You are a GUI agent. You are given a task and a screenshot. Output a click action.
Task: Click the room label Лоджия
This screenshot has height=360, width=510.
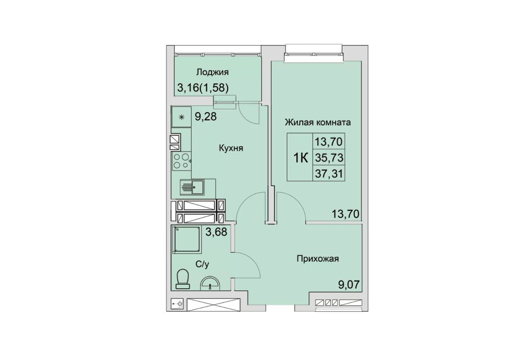(213, 72)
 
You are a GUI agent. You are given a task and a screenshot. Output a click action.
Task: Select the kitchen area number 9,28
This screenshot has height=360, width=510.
(206, 116)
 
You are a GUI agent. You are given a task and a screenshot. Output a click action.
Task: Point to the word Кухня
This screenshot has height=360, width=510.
(231, 149)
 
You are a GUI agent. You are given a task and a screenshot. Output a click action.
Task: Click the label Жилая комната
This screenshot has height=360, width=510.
(318, 122)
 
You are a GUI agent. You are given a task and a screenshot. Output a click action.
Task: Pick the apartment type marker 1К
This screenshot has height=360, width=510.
(301, 158)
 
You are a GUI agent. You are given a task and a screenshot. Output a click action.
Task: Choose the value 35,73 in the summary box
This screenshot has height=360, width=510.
(329, 158)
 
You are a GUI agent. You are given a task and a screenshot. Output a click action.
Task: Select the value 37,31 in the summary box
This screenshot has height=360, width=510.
(329, 174)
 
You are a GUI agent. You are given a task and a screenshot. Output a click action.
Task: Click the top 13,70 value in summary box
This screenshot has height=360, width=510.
(329, 142)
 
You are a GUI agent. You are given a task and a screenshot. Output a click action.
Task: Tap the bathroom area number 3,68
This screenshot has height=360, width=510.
(216, 232)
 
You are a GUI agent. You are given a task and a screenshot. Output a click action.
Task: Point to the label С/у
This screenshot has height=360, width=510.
(202, 265)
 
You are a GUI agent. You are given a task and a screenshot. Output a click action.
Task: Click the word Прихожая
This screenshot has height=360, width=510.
(318, 259)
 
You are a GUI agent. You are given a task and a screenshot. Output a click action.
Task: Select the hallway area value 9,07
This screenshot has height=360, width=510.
(348, 285)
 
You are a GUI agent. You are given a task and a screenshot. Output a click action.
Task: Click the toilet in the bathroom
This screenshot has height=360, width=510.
(183, 278)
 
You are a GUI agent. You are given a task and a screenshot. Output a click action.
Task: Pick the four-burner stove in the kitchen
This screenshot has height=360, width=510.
(181, 161)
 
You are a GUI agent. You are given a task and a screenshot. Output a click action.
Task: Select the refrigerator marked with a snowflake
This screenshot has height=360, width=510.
(181, 117)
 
